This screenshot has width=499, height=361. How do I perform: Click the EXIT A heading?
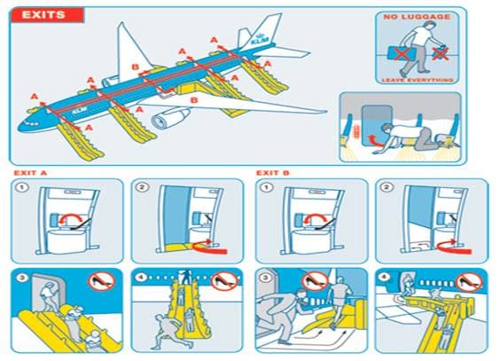(x=32, y=172)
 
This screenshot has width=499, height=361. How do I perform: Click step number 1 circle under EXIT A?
(x=23, y=188)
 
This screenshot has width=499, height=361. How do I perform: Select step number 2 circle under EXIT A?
(x=143, y=188)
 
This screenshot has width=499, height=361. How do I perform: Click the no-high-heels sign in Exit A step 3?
(x=99, y=283)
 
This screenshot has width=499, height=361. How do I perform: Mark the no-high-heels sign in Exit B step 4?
(x=468, y=283)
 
